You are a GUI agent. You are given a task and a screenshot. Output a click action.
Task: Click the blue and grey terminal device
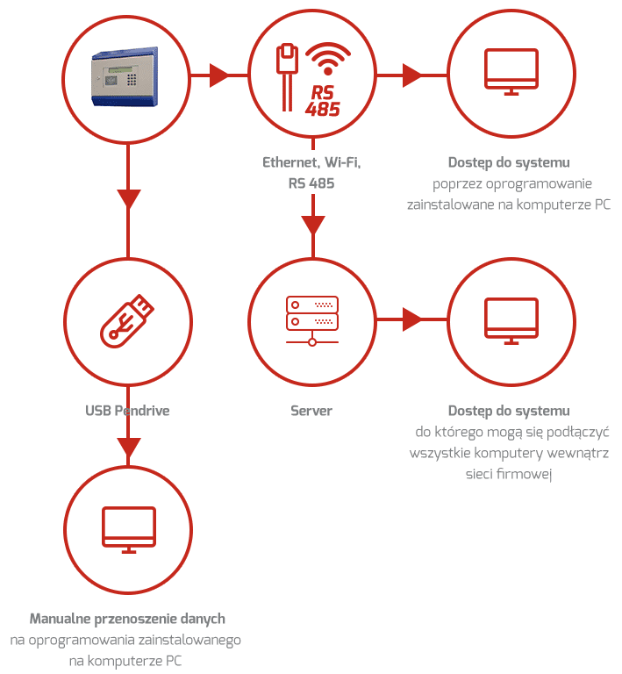tap(125, 76)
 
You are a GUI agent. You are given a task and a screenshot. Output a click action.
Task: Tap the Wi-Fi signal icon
tap(328, 59)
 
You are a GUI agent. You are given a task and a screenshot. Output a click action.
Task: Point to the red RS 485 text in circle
tap(323, 102)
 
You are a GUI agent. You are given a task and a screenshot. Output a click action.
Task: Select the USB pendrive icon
tap(127, 320)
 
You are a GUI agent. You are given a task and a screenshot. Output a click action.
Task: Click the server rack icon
tap(312, 320)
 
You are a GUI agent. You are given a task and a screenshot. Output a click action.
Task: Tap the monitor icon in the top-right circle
tap(511, 71)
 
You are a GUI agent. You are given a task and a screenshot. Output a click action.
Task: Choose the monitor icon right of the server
tap(511, 320)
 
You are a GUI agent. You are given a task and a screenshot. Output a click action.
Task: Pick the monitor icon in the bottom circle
tap(129, 529)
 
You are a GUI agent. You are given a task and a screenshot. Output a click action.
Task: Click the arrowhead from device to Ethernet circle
tap(218, 75)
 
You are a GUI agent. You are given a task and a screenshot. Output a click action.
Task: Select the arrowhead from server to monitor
tap(411, 319)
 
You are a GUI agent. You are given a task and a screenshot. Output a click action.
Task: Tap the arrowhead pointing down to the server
tap(312, 225)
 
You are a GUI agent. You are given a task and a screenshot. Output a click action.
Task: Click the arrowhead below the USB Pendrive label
tap(128, 448)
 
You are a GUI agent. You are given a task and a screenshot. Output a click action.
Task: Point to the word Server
tap(311, 411)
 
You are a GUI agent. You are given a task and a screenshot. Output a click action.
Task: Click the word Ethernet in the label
tap(291, 162)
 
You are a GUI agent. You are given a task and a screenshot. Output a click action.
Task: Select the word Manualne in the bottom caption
tap(61, 619)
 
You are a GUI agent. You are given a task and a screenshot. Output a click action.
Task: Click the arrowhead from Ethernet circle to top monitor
tap(411, 75)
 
